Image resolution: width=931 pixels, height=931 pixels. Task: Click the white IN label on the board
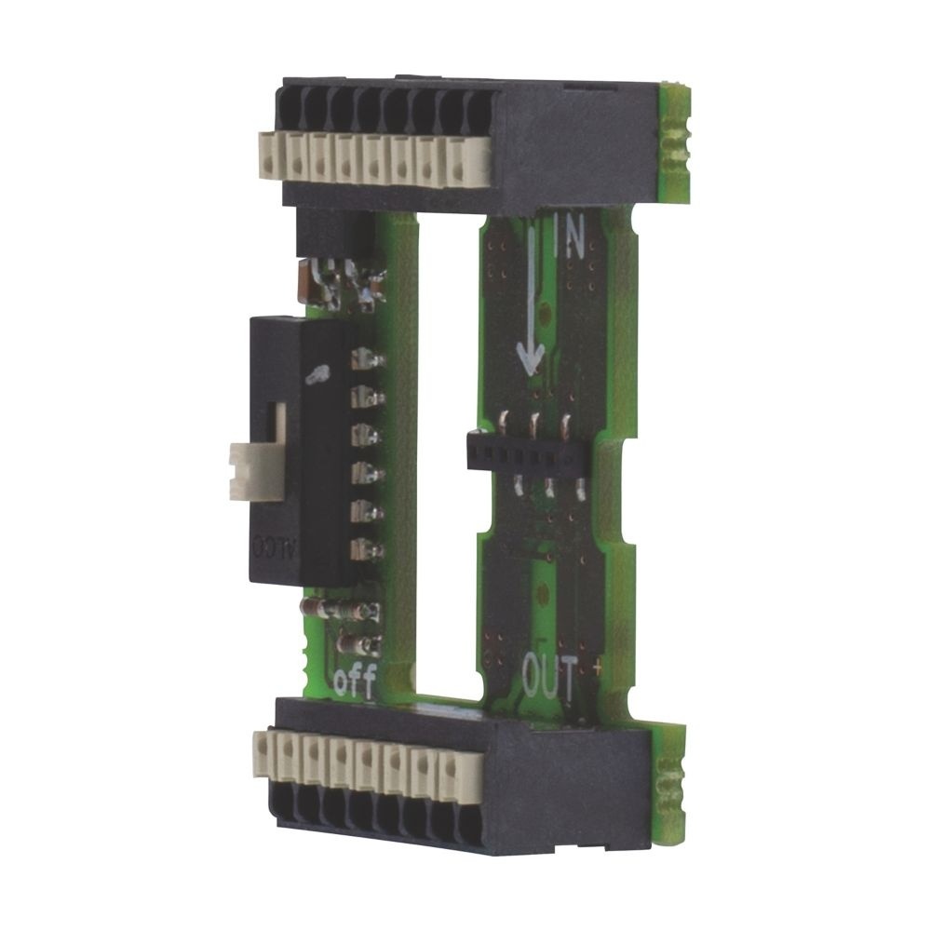(567, 239)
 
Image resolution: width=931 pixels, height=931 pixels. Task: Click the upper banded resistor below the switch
(337, 610)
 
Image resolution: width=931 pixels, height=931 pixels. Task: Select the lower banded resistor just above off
(358, 642)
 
